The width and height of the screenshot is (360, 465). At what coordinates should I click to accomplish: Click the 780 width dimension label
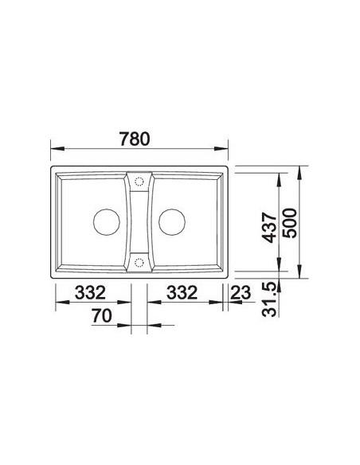(x=135, y=139)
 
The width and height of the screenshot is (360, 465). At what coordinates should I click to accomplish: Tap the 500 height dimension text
(x=290, y=223)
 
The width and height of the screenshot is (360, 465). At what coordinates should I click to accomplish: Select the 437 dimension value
(x=269, y=227)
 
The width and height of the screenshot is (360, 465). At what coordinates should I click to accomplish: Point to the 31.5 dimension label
(x=269, y=300)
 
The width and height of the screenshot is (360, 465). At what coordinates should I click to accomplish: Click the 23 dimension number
(x=241, y=293)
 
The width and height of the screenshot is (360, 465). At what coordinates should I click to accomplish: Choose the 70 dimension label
(x=102, y=315)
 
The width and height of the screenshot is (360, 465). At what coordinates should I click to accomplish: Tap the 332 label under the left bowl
(x=90, y=292)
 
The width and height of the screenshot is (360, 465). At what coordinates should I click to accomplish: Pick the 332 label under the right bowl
(x=182, y=292)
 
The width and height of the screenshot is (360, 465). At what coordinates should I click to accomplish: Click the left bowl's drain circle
(x=107, y=222)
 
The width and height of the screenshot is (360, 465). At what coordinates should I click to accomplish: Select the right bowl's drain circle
(x=172, y=222)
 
